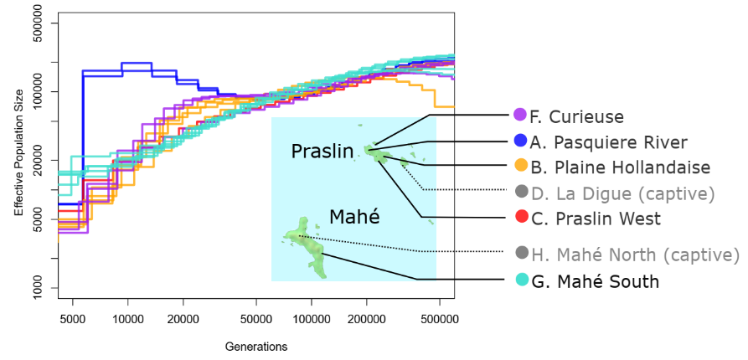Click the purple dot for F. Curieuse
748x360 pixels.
pyautogui.click(x=519, y=116)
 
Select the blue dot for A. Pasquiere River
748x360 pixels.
pyautogui.click(x=519, y=141)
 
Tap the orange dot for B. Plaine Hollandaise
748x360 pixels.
pyautogui.click(x=519, y=166)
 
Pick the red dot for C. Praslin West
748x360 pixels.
pyautogui.click(x=519, y=218)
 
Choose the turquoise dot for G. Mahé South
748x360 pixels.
pyautogui.click(x=519, y=280)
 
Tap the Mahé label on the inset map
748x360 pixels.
pyautogui.click(x=354, y=218)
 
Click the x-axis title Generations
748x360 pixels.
pyautogui.click(x=256, y=347)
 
